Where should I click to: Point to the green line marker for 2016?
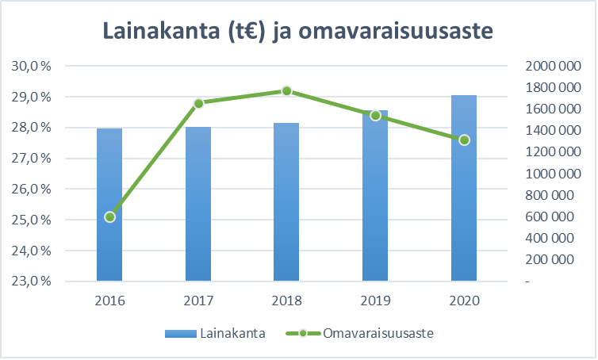pos(109,216)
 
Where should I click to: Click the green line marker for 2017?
pos(198,103)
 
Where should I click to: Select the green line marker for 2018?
pos(286,91)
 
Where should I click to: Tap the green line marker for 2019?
pos(375,115)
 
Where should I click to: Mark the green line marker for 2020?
pos(464,140)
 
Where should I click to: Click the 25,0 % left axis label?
pos(33,220)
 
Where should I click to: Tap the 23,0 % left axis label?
pos(33,281)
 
